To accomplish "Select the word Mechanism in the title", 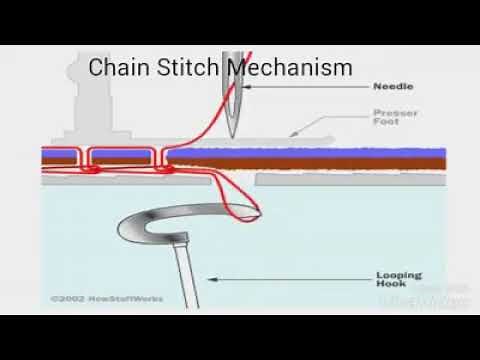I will tap(289, 68).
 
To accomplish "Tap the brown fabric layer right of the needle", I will tap(330, 164).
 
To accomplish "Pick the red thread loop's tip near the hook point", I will tap(258, 212).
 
